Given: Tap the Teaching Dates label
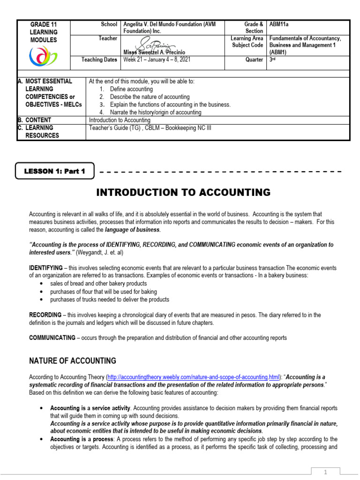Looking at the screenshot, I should (x=99, y=60).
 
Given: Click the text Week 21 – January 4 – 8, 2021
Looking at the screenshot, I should (x=157, y=60).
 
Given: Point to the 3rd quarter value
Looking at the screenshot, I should (x=272, y=60).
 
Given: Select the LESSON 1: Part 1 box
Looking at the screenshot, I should (x=55, y=171).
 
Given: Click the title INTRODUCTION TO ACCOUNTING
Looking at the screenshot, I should (x=183, y=192).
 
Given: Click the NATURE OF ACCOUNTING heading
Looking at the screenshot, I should (x=73, y=361).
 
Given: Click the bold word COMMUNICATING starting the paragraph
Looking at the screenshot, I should (x=52, y=337).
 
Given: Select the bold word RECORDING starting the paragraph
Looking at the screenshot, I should (x=45, y=315).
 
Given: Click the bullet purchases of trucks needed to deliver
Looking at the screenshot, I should (x=110, y=300).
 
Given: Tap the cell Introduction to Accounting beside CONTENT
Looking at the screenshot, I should (x=120, y=120).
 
